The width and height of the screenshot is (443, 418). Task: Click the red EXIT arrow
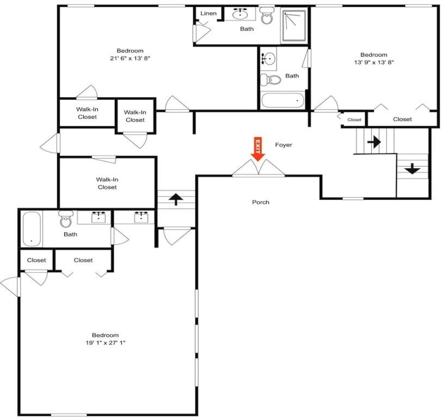tap(257, 149)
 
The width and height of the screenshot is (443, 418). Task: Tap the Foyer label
tap(284, 145)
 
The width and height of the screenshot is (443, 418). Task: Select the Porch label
tap(261, 202)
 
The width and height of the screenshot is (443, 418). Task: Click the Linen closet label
tap(208, 13)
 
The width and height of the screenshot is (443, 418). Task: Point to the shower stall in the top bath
tap(294, 26)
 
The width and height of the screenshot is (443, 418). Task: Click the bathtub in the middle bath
tap(282, 101)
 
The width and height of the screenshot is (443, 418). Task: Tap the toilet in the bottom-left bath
tap(66, 219)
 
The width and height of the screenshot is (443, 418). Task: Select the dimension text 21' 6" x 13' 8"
tap(130, 58)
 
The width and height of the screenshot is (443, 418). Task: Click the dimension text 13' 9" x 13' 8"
tap(374, 62)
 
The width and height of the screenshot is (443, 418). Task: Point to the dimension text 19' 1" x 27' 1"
tap(106, 342)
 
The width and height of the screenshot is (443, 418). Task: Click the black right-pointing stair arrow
tap(374, 142)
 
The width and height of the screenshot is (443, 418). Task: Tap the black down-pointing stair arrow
tap(412, 169)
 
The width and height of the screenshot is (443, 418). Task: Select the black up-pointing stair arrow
tap(176, 199)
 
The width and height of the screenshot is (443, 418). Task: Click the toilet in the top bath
tap(267, 16)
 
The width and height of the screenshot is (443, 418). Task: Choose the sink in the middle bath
tap(268, 59)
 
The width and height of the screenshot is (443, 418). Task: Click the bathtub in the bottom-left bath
tap(32, 229)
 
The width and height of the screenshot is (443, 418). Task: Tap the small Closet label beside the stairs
tap(354, 120)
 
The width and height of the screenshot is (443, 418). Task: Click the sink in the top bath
tap(240, 13)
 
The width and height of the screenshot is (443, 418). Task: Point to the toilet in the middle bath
tap(270, 79)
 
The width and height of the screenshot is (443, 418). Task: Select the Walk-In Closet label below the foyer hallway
tap(107, 183)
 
